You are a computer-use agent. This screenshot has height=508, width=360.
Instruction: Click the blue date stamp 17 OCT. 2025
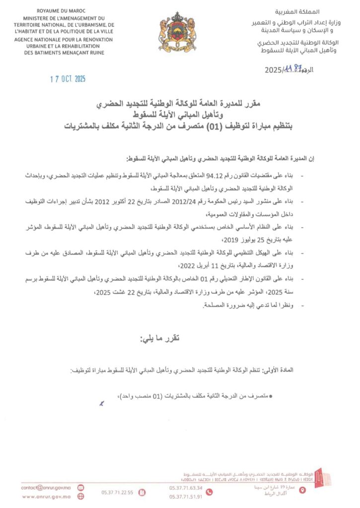tap(69, 79)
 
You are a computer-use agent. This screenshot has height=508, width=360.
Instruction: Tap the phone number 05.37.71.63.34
tap(186, 488)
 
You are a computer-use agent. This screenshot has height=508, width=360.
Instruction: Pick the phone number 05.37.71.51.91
tap(186, 497)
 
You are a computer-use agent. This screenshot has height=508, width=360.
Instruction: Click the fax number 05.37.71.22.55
tap(117, 493)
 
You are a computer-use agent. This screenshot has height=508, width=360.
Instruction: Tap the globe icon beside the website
tap(80, 496)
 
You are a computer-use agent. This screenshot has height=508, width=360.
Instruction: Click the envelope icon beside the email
tap(80, 488)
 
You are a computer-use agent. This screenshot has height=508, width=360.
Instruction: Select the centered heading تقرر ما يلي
tap(158, 339)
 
